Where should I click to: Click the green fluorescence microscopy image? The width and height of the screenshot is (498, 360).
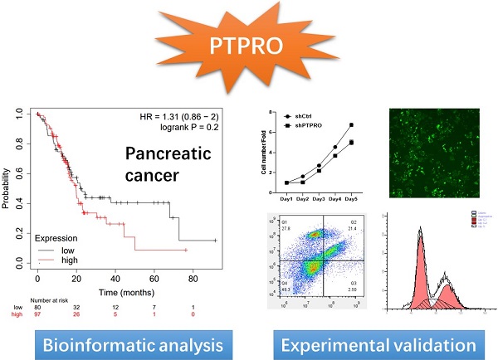(432, 154)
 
